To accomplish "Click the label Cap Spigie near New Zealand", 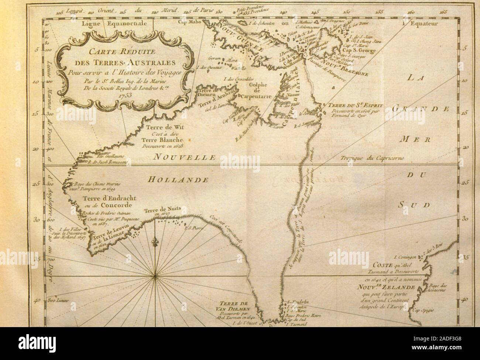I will coord(422,311).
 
